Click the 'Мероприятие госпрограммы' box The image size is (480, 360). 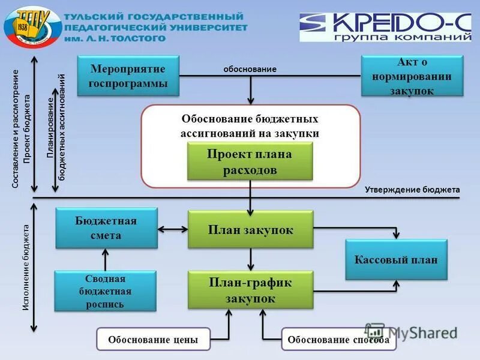[x=128, y=75]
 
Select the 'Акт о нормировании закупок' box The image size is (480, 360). [x=412, y=76]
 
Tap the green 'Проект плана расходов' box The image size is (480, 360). [x=250, y=162]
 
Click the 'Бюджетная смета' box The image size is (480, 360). [x=106, y=228]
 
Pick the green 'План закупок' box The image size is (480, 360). [x=250, y=229]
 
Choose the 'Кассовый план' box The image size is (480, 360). [x=396, y=259]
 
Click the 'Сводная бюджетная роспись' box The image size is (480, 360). [x=105, y=291]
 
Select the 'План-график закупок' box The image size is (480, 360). [x=250, y=290]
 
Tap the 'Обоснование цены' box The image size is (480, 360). [x=153, y=340]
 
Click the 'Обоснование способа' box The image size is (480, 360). [x=339, y=340]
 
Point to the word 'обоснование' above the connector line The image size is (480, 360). [x=250, y=69]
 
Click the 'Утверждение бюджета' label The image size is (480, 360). [x=412, y=190]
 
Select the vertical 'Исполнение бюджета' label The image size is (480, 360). [x=26, y=268]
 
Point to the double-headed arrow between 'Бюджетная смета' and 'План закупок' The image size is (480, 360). [x=173, y=229]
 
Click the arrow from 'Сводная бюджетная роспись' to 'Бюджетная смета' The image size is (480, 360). [x=106, y=259]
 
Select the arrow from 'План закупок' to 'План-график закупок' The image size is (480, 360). [x=251, y=259]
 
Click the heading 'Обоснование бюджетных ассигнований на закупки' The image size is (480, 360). [x=250, y=126]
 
